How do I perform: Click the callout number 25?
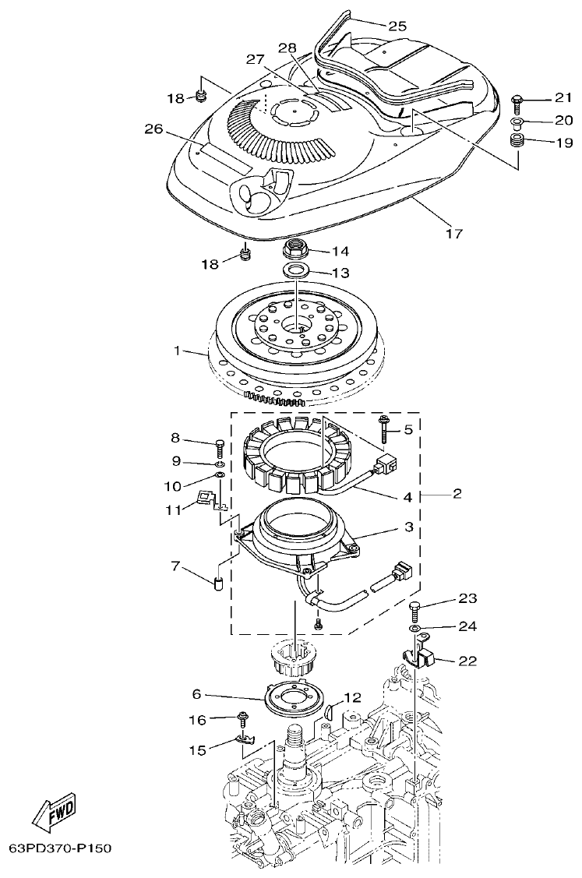[x=397, y=26]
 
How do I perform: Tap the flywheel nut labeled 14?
[x=295, y=252]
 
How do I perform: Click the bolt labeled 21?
[x=517, y=99]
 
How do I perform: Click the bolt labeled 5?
[x=384, y=428]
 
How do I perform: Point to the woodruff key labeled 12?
[x=330, y=711]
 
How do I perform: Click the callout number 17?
[x=453, y=233]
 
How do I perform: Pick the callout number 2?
[x=457, y=493]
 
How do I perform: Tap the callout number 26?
[x=153, y=129]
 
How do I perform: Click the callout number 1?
[x=178, y=351]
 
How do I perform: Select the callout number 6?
[x=196, y=693]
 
